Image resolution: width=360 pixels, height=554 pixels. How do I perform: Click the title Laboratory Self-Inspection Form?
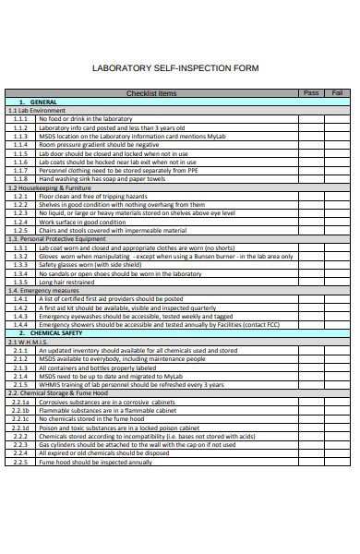[176, 68]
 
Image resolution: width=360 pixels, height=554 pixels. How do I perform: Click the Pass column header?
[311, 93]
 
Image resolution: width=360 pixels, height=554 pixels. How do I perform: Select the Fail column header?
[337, 93]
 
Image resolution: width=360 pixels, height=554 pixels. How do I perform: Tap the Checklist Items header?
[151, 93]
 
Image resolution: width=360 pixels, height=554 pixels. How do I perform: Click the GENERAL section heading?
[41, 102]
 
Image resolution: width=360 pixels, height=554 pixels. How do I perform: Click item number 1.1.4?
[21, 144]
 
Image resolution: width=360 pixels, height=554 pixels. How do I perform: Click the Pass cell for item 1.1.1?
[311, 119]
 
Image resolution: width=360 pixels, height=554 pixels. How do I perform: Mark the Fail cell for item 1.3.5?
[337, 281]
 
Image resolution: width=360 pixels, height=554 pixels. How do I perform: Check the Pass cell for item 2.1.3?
[311, 367]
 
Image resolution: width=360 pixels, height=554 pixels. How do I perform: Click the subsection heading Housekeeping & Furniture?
[51, 187]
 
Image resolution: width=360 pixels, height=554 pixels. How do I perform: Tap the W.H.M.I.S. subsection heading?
[30, 341]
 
